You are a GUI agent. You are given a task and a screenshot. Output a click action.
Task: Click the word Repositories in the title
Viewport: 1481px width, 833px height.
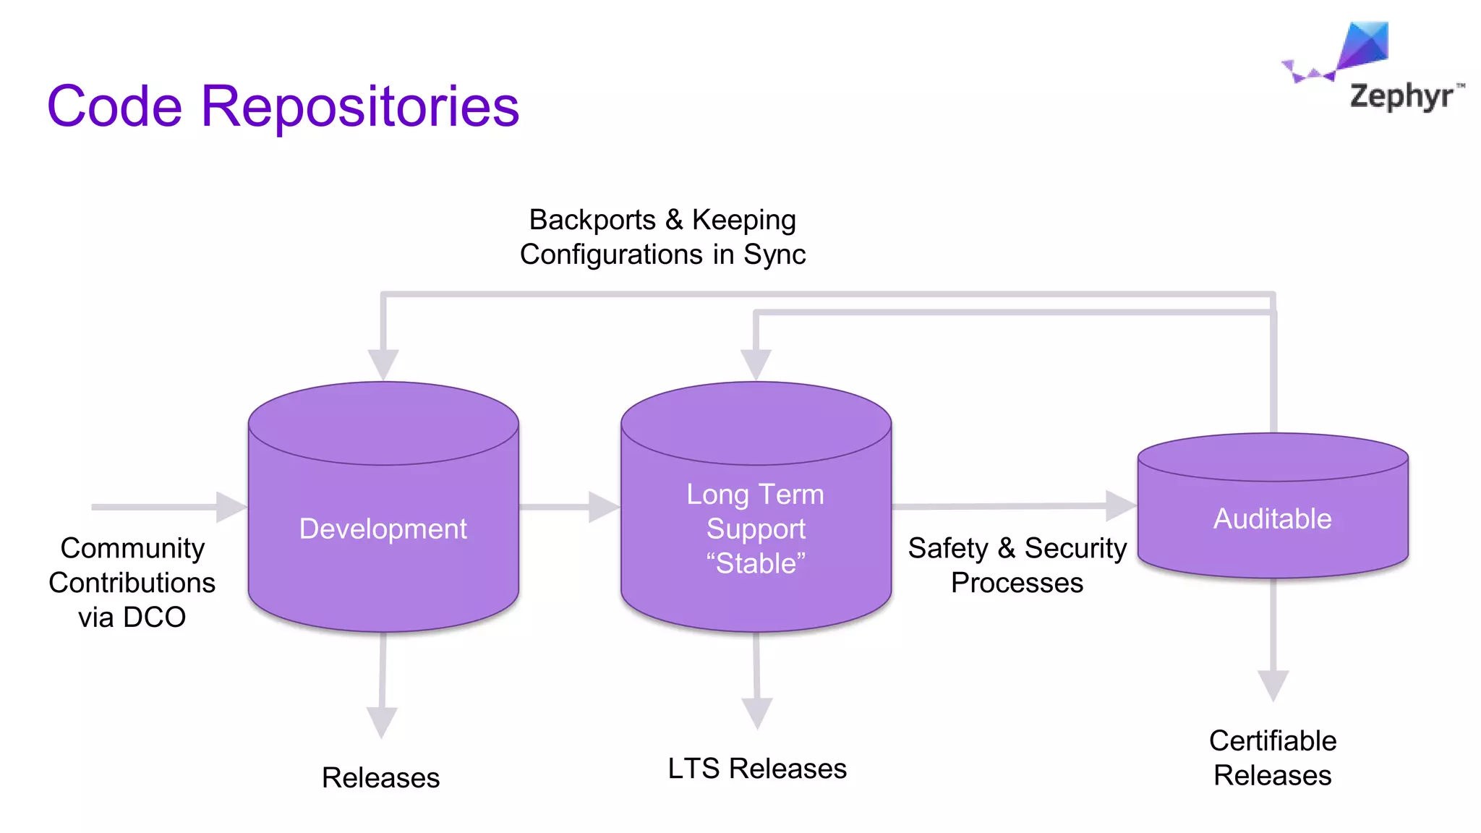pos(359,107)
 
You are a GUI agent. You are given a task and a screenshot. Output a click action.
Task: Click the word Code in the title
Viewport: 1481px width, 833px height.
pos(114,107)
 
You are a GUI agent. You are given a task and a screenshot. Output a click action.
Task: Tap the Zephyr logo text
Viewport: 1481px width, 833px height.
pos(1401,95)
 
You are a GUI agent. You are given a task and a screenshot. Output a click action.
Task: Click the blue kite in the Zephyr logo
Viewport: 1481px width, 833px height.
pos(1365,45)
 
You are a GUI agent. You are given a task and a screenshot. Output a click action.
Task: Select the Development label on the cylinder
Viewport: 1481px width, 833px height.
pos(383,529)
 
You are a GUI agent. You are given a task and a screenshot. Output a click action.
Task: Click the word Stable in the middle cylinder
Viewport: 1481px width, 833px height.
pos(756,563)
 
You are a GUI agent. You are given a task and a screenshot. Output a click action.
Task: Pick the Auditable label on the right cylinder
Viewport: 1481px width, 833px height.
pos(1272,518)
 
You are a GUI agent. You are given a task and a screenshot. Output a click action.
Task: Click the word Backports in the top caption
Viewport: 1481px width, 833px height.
pos(592,220)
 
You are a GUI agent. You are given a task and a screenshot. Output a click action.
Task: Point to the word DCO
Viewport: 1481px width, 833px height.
pos(153,618)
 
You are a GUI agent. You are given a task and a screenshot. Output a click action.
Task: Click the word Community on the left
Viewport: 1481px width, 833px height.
pos(132,548)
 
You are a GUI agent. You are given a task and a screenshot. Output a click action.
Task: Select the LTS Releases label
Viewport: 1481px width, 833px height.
pos(756,769)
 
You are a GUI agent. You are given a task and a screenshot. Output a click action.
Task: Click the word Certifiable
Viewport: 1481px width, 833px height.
pos(1272,740)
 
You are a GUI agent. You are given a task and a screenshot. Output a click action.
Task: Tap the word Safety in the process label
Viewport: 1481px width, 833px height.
pos(947,548)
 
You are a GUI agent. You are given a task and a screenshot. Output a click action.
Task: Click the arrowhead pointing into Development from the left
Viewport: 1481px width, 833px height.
pos(231,507)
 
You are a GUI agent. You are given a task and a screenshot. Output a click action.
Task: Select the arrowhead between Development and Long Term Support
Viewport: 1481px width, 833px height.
pos(602,507)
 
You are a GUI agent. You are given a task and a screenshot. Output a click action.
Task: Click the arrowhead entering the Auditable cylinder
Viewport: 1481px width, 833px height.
pos(1120,505)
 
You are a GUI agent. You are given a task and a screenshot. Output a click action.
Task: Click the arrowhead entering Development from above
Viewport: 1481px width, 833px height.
pos(383,363)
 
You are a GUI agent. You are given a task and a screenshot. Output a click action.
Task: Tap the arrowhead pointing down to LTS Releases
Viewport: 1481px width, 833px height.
pos(757,712)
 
